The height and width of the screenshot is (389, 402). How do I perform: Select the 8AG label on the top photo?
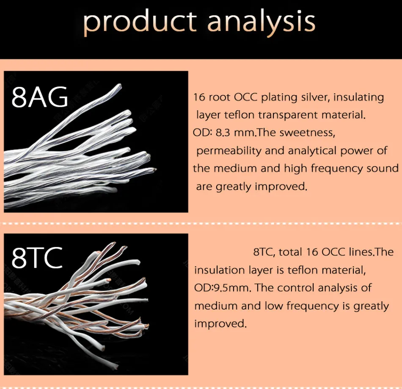40,97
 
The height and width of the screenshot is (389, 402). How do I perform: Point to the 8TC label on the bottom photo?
37,258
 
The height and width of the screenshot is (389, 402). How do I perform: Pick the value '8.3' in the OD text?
223,133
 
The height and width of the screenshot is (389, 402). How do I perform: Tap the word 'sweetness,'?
307,133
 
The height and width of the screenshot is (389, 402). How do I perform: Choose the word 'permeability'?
229,151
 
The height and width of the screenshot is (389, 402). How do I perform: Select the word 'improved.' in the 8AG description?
281,187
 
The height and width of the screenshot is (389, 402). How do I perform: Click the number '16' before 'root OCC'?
199,97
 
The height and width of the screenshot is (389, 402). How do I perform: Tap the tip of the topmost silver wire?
120,86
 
